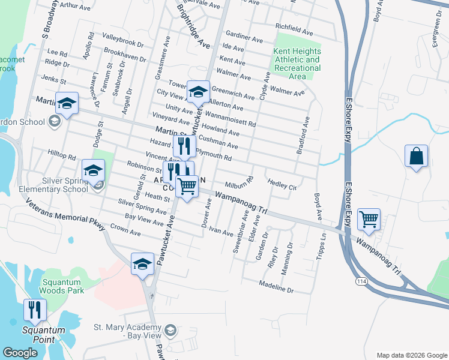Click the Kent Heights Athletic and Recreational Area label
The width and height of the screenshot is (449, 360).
pos(297,64)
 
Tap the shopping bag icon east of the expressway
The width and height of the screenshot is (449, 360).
pos(416,158)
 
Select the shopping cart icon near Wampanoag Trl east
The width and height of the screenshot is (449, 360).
pos(369,219)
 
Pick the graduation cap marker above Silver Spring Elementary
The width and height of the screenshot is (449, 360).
pos(93,172)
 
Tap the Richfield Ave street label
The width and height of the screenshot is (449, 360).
pos(294,28)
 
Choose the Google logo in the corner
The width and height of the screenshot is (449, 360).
pos(20,353)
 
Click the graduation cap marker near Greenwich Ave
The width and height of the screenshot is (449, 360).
pos(198,92)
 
